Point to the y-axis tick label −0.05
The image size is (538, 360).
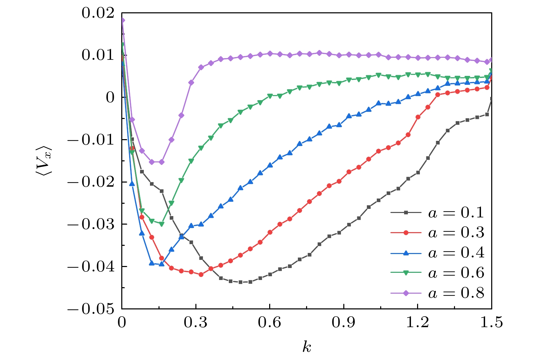[x=91, y=309]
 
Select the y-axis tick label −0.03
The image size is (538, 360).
[x=91, y=224]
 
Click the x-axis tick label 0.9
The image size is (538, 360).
[x=344, y=322]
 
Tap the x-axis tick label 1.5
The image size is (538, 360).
[x=492, y=322]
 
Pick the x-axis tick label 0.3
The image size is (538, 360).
[x=196, y=322]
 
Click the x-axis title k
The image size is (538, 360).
[x=307, y=347]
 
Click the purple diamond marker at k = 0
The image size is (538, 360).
[x=122, y=20]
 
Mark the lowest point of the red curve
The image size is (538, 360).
[x=201, y=275]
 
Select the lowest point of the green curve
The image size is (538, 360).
[x=162, y=224]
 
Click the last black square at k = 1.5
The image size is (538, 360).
[x=491, y=99]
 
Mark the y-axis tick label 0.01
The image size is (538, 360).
[x=98, y=55]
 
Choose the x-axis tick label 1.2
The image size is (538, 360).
[x=417, y=322]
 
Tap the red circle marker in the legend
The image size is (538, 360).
[x=406, y=232]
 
